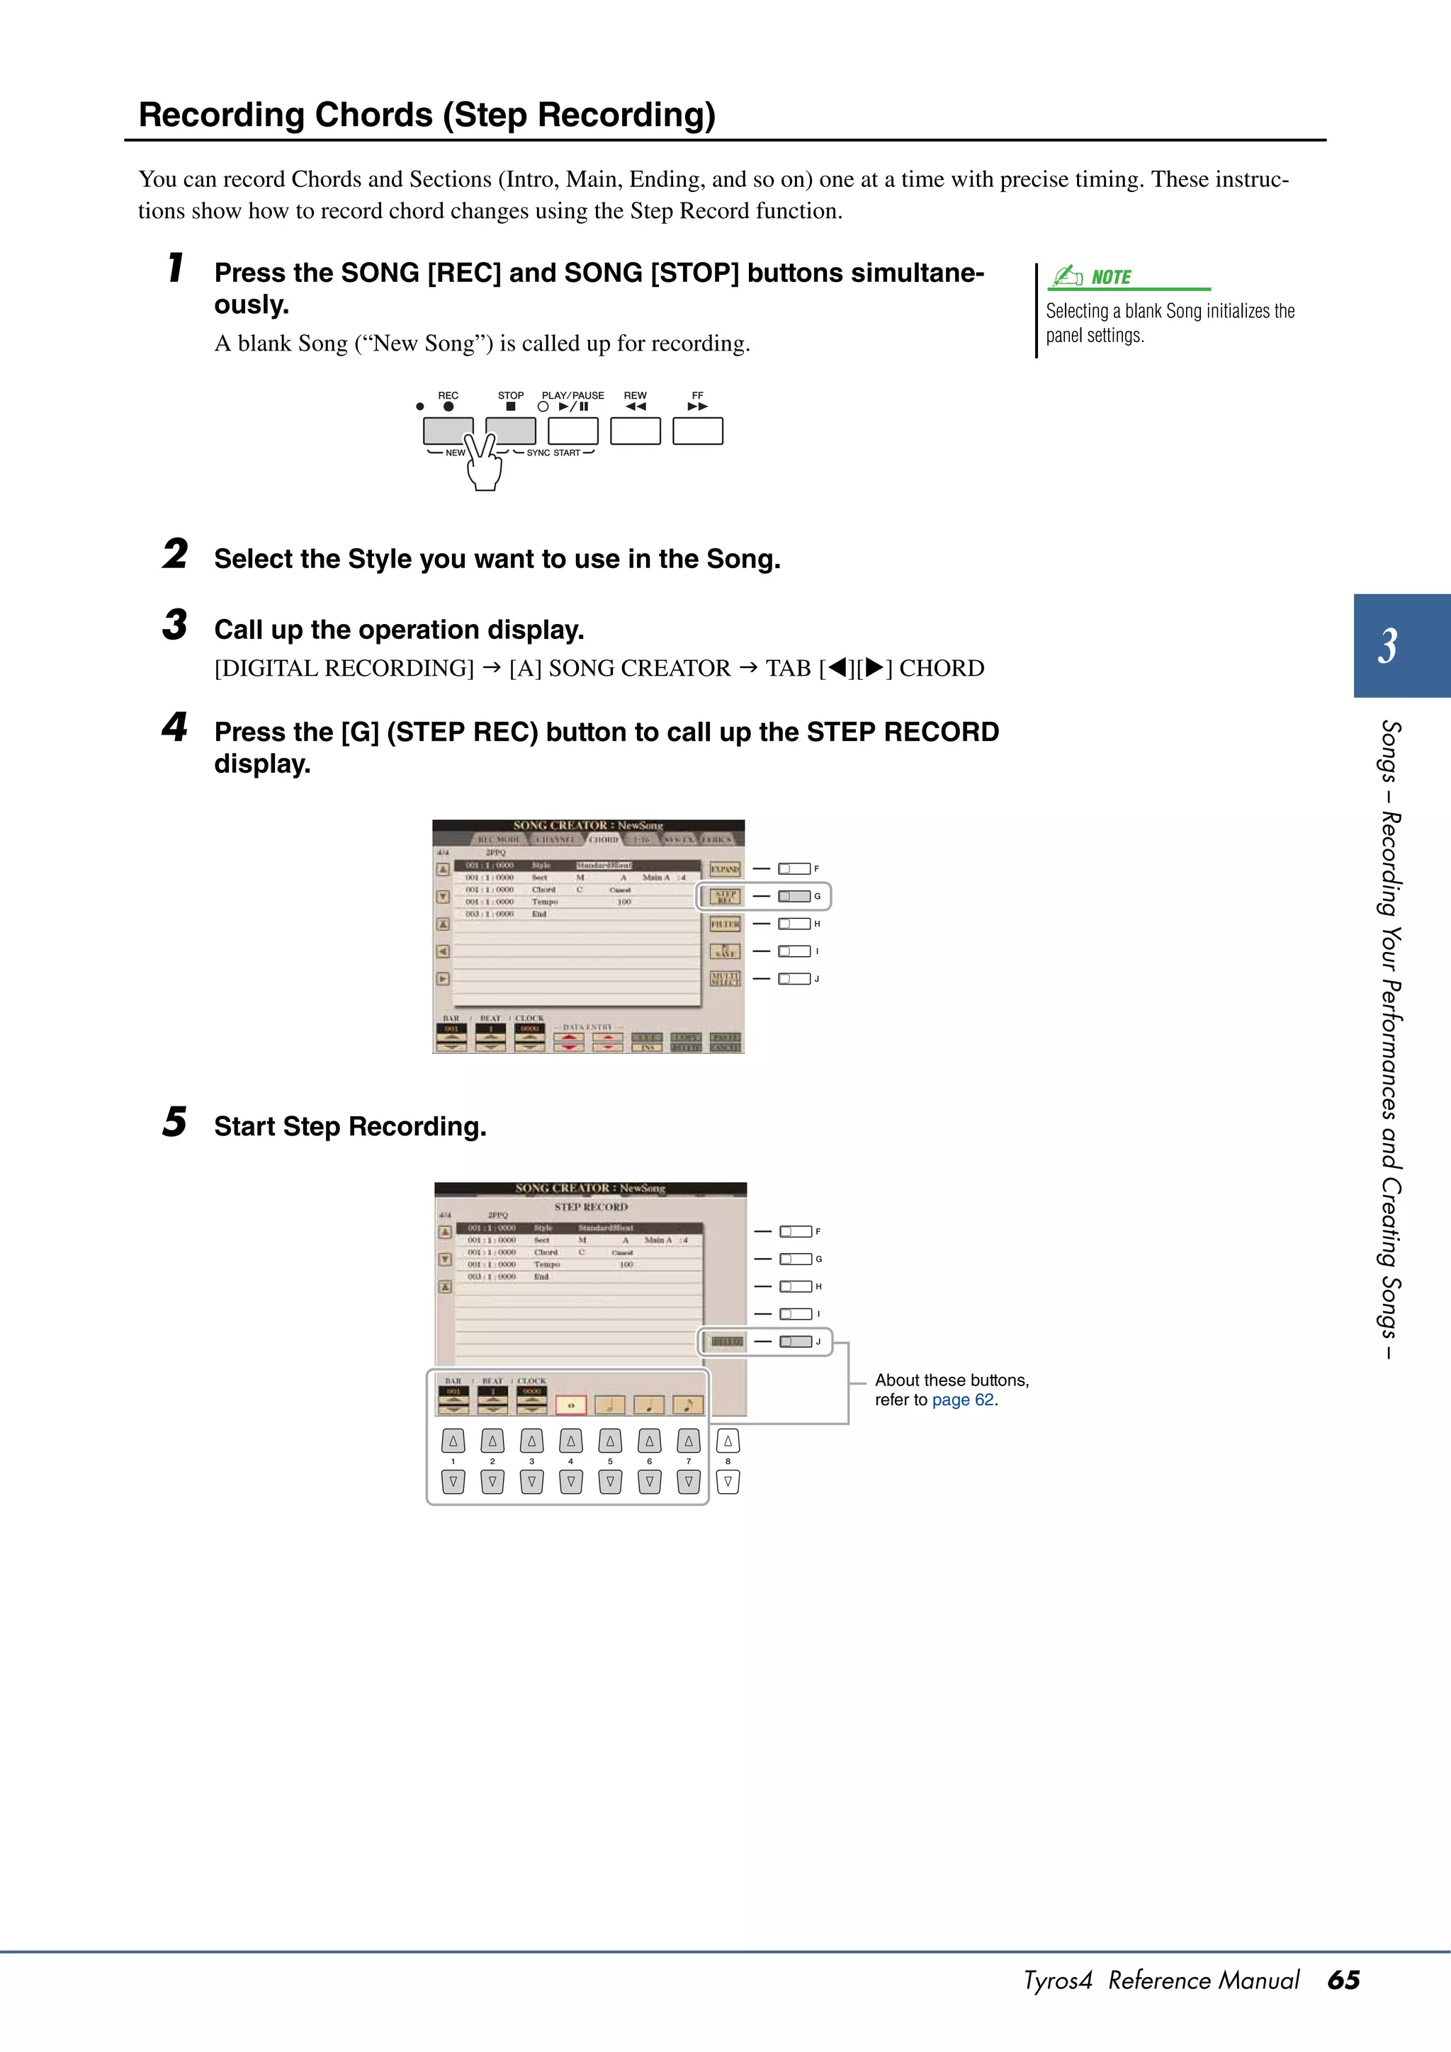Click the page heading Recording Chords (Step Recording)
point(427,115)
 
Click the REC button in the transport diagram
point(448,430)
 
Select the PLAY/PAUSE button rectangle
point(572,430)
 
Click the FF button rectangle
point(697,430)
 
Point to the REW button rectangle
point(635,430)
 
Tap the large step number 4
point(174,727)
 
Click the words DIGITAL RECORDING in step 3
point(344,669)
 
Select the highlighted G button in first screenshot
point(794,895)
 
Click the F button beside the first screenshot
point(794,868)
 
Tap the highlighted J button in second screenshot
point(796,1342)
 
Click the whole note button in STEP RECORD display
point(570,1405)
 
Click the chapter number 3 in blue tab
point(1387,645)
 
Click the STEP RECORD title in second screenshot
point(591,1206)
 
